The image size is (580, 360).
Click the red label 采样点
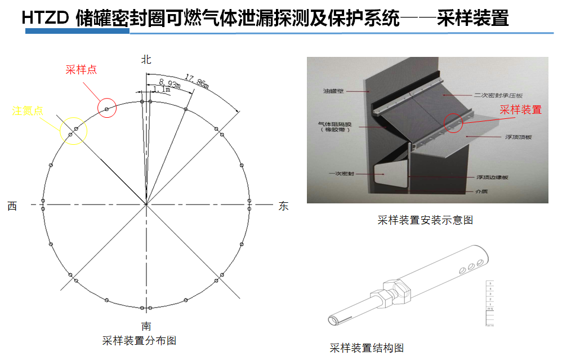(x=81, y=70)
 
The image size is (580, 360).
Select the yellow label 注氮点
(x=28, y=111)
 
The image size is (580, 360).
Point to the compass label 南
(x=146, y=326)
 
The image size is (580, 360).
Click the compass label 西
(x=12, y=206)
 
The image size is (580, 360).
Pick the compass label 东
(x=284, y=206)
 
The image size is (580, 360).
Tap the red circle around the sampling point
(x=106, y=108)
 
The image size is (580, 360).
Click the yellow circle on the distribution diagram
(x=74, y=131)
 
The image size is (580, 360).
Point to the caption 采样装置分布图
(x=139, y=341)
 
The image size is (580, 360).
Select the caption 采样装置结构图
(x=367, y=348)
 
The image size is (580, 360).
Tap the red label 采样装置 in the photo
(x=521, y=110)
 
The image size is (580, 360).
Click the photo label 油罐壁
(x=333, y=91)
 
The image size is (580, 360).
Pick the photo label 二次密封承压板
(x=502, y=95)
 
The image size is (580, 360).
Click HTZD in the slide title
(x=46, y=19)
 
